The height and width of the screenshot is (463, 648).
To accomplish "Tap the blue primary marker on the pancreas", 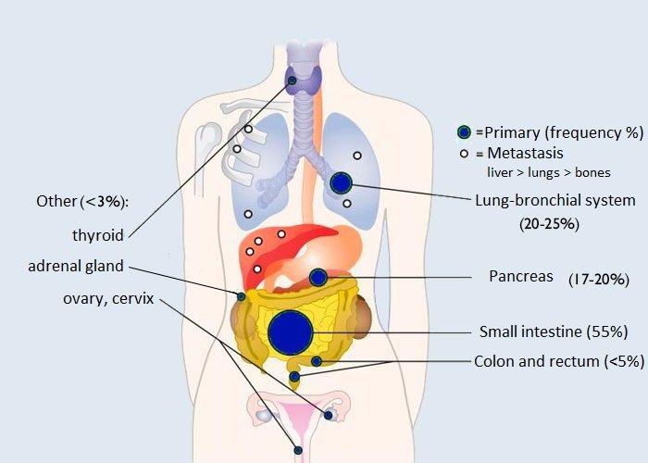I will (x=318, y=276).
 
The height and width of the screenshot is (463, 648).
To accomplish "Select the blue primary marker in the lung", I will (x=342, y=182).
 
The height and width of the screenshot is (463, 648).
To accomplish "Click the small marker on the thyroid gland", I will (x=293, y=81).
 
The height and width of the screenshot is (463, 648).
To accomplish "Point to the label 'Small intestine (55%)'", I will (x=554, y=332).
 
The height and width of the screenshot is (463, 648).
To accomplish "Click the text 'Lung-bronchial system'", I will (x=555, y=200).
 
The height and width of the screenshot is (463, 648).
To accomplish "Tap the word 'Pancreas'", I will (x=520, y=277).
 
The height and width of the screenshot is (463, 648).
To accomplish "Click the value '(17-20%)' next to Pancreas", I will (x=601, y=278).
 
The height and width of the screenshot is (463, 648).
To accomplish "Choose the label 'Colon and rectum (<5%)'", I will (x=558, y=361).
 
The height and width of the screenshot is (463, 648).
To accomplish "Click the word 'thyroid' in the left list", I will (x=98, y=234).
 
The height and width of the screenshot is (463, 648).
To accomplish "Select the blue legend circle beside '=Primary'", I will (x=465, y=132).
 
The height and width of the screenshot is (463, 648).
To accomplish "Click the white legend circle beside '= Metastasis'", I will (x=464, y=153).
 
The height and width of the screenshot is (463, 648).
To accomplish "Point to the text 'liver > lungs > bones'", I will (x=549, y=172).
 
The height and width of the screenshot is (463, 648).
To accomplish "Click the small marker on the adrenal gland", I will (x=241, y=296).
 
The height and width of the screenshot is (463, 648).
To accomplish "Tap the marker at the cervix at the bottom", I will (x=298, y=450).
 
